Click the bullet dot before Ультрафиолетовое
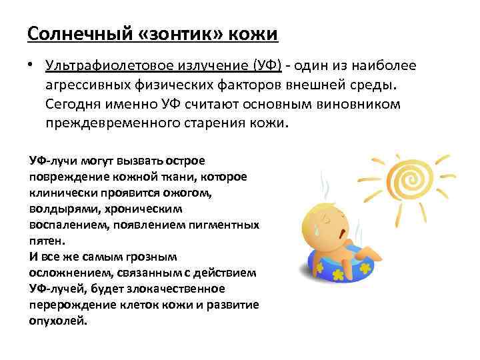pos(31,66)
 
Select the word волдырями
pos(56,209)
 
